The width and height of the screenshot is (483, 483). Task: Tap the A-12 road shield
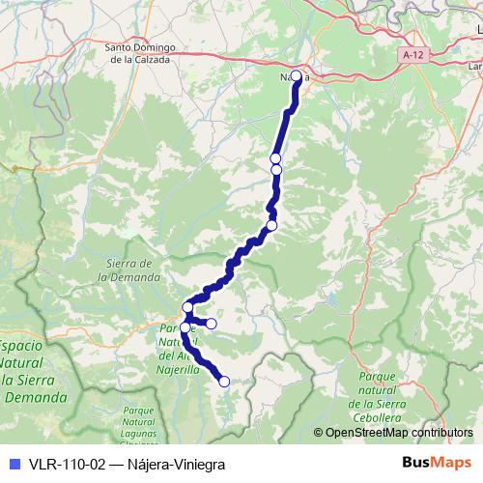pos(412,56)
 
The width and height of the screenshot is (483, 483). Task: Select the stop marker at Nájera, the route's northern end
pos(297,75)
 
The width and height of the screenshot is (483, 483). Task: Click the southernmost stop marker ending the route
pos(224,382)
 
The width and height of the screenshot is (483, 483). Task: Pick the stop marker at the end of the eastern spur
pos(212,324)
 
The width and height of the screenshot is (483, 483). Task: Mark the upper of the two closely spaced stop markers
pos(275,158)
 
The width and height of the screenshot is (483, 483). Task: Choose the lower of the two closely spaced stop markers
pos(276,170)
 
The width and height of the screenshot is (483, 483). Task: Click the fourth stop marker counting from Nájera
pos(271,225)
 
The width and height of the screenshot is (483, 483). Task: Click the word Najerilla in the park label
pos(177,368)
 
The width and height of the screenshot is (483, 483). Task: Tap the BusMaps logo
pos(436,462)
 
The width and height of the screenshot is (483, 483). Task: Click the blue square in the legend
pos(13,463)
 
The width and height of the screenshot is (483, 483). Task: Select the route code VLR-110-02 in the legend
pos(67,463)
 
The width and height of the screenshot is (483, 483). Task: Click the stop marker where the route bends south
pos(187,307)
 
